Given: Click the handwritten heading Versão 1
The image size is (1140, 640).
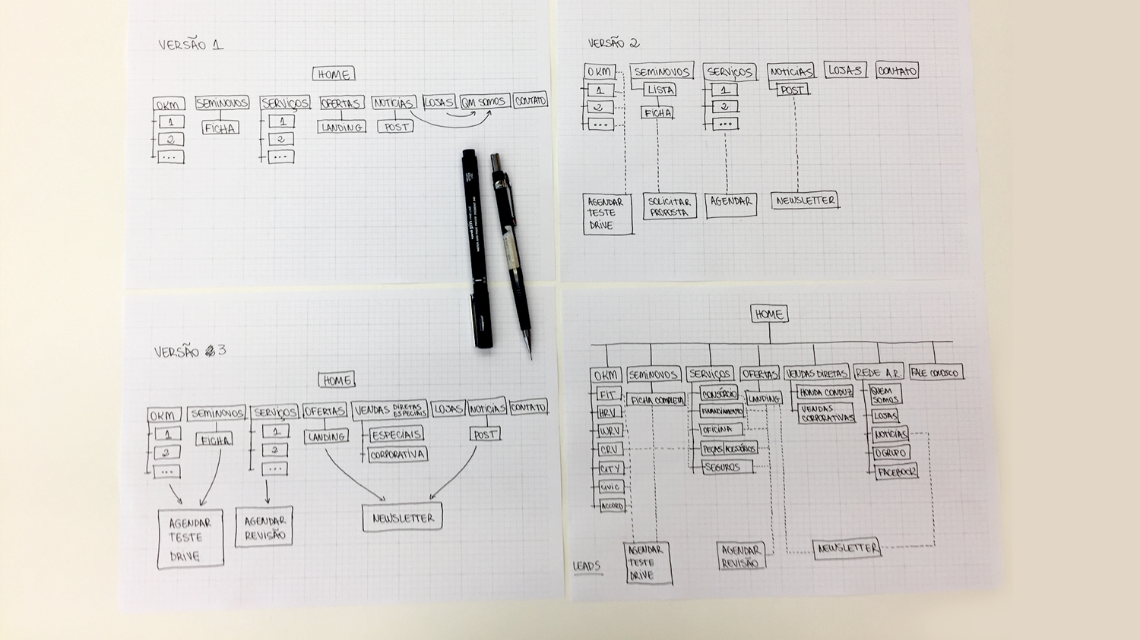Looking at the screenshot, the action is pos(191,45).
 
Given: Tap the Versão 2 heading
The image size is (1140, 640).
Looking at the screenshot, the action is pos(613,43).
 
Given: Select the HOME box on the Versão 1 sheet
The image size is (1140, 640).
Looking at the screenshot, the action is pos(334,74).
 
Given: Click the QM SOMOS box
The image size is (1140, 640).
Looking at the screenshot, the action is pos(484,102).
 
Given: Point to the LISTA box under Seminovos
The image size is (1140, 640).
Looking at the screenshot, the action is pos(660,90).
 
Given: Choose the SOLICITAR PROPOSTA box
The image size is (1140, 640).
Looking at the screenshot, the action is pos(669,207).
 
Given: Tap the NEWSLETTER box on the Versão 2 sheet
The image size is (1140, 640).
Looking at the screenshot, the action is pos(805,200).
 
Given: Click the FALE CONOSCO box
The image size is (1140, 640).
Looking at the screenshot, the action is pos(935,373).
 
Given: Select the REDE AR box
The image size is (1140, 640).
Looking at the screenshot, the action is pos(878,373).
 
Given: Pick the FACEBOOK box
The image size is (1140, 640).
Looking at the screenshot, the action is pos(896,472).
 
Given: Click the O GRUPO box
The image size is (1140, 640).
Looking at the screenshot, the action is pos(890,453).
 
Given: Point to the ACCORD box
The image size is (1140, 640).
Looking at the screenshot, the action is pos(612,506).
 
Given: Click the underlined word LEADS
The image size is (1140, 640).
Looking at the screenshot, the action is pos(586,566).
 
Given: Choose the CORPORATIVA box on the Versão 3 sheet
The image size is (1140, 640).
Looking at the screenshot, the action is pos(397,455).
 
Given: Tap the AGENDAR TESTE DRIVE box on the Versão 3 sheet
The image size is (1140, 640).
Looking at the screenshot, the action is pos(190,539).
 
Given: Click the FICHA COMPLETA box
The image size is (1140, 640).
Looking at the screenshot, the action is pos(657,400).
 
